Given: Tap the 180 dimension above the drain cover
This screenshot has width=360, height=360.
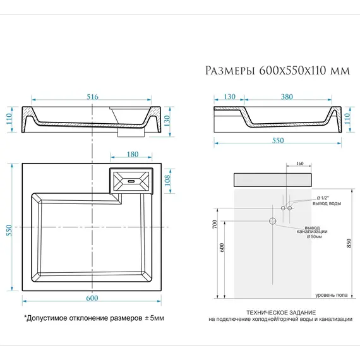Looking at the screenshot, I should pyautogui.click(x=132, y=154).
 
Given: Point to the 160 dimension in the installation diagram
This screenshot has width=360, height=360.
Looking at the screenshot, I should pyautogui.click(x=299, y=164).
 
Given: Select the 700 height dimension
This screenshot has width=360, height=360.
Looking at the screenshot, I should pyautogui.click(x=215, y=225).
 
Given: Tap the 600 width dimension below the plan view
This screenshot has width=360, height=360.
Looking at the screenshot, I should pyautogui.click(x=92, y=297).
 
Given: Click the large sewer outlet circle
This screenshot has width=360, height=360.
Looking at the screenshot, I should pyautogui.click(x=273, y=221).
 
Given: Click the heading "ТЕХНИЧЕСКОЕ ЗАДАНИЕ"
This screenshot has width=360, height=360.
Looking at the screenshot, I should pyautogui.click(x=280, y=313).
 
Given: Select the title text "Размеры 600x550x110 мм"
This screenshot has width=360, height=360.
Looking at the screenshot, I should pyautogui.click(x=277, y=71).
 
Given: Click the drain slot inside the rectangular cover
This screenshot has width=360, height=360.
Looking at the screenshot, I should pyautogui.click(x=131, y=180).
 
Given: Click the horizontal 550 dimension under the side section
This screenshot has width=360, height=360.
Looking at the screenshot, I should pyautogui.click(x=278, y=140).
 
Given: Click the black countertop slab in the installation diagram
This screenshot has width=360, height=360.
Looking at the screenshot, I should pyautogui.click(x=273, y=179).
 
